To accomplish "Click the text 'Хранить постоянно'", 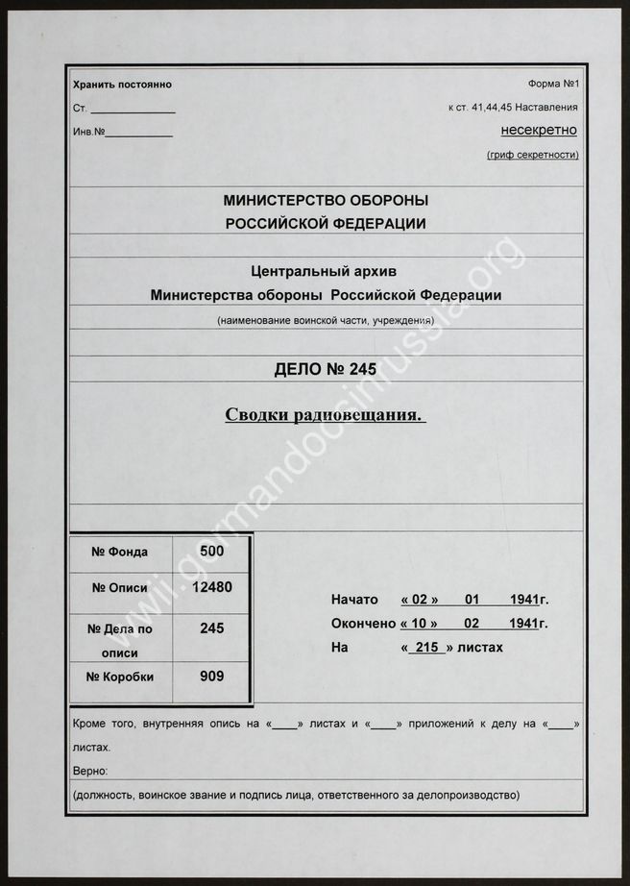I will click(122, 85).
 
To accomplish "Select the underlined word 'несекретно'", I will click(539, 130).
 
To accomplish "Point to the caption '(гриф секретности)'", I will click(533, 155).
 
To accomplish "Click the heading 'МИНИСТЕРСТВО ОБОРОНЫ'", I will click(326, 201).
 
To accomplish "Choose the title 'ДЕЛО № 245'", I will click(326, 369).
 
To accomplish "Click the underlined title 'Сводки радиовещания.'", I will click(326, 415).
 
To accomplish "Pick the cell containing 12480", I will click(212, 586).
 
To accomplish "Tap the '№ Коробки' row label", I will click(120, 676).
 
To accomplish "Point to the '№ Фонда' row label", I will click(119, 552).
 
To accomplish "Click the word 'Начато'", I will click(354, 599).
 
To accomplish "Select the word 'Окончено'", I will click(363, 623).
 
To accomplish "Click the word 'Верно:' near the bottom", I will click(90, 771).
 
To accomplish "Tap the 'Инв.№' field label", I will click(88, 132).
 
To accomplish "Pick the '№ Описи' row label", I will click(120, 587).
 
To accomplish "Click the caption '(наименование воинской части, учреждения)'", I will click(326, 319).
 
